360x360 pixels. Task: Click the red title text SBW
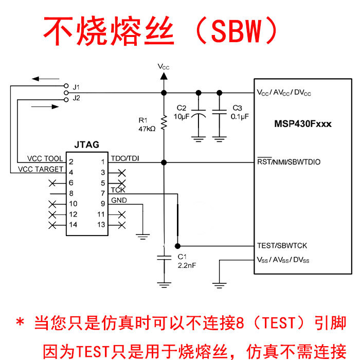point(238,32)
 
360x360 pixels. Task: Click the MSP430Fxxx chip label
point(302,124)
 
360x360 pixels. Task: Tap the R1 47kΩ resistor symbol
point(164,122)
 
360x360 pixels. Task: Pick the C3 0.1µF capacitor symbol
point(220,113)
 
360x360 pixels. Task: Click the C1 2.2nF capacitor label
point(185,261)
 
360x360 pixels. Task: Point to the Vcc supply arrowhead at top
point(164,76)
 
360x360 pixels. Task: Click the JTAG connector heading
point(86,145)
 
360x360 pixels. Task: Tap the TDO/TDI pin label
point(124,158)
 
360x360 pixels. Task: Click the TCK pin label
point(118,190)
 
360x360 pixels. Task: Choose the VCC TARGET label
point(41,169)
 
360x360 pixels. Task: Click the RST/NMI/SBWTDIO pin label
point(289,162)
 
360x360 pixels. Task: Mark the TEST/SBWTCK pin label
point(282,246)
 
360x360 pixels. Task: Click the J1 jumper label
point(76,86)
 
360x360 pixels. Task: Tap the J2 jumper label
point(76,97)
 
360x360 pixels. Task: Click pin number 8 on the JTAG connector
point(71,193)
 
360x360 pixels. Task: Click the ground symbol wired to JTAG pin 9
point(142,237)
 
